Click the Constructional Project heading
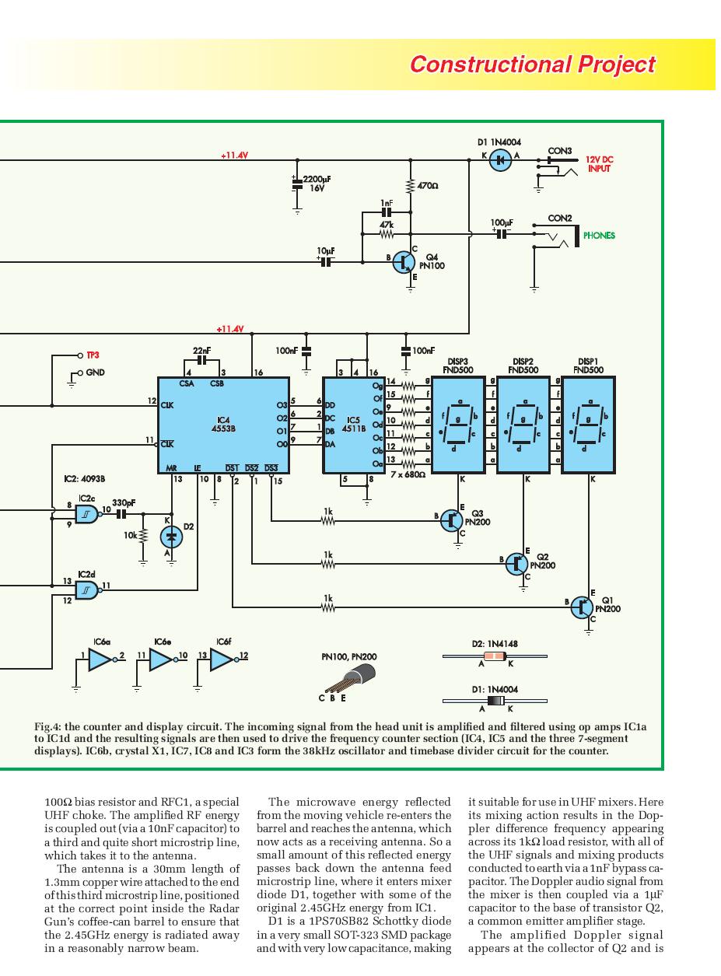(532, 65)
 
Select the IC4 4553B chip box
(223, 425)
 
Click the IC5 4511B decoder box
(354, 425)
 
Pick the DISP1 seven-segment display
(588, 425)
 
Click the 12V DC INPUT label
(599, 164)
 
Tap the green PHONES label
(599, 236)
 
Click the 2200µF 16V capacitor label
(317, 184)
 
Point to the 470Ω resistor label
(428, 187)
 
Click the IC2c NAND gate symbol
(86, 514)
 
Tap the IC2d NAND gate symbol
(86, 590)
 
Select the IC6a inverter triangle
(100, 660)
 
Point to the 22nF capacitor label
(202, 351)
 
